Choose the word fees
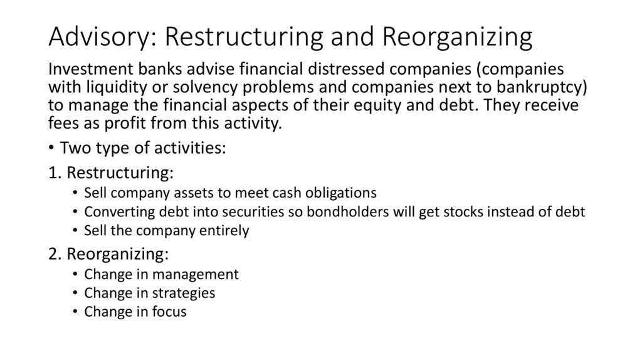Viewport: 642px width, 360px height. click(63, 122)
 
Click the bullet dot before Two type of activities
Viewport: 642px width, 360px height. click(52, 149)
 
